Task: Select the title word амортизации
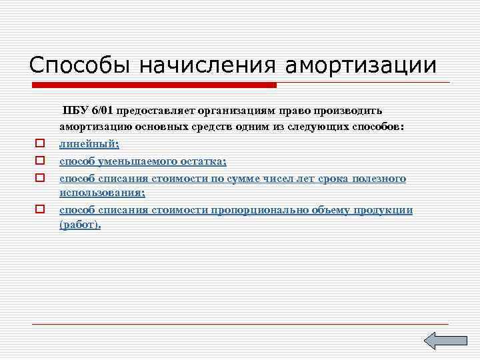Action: pos(361,65)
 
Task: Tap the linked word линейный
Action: pos(88,144)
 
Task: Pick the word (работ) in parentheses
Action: pos(79,225)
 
